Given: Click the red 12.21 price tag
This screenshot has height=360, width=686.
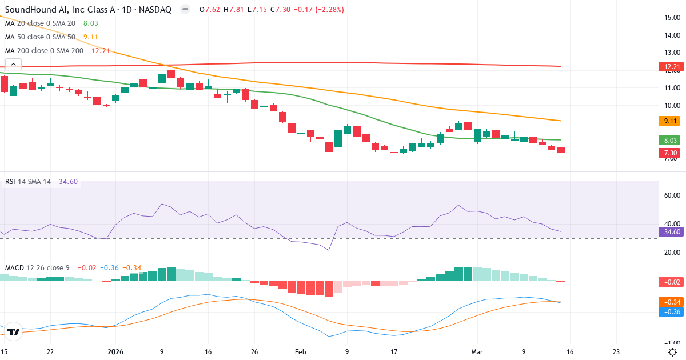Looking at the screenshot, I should (672, 67).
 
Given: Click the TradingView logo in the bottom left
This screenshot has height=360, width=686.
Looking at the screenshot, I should (14, 331).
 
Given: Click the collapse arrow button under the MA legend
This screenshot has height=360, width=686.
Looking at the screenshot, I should (13, 64).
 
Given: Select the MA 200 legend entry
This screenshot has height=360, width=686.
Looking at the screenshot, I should (44, 51).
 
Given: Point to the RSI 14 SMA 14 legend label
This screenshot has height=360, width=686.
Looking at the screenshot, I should (28, 181).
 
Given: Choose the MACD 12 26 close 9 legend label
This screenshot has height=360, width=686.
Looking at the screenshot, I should (38, 267).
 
